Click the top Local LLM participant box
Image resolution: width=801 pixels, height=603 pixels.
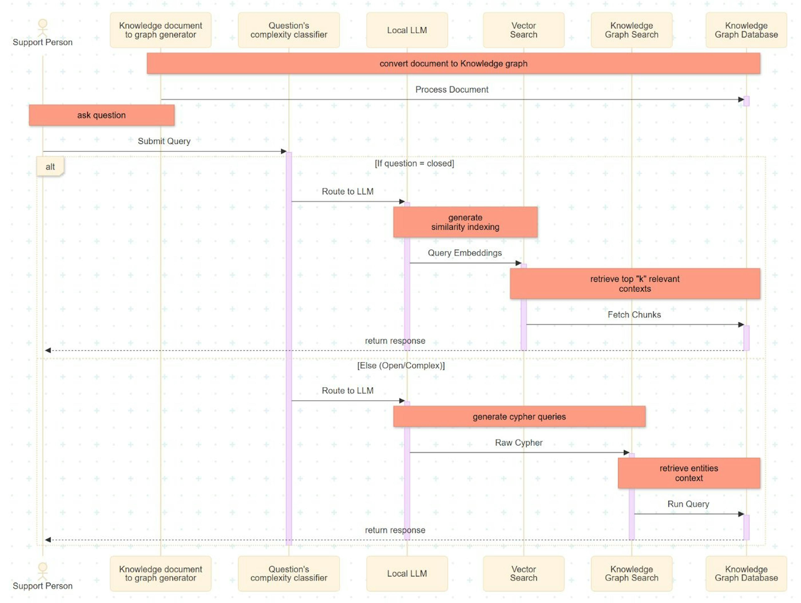pos(407,30)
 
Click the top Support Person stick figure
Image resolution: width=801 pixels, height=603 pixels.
pos(43,28)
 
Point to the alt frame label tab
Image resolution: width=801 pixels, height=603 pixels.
pos(50,167)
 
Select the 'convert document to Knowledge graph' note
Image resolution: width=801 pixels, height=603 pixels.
pos(453,63)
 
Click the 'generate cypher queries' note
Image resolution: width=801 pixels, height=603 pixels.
pos(519,417)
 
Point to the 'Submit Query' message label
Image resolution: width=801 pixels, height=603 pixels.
pos(164,141)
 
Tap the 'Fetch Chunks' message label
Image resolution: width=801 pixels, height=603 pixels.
pos(634,315)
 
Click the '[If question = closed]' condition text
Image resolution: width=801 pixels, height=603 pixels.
pos(414,163)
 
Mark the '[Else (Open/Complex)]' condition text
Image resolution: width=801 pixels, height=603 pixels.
pos(401,365)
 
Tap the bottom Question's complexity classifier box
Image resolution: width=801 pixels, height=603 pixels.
pos(289,574)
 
